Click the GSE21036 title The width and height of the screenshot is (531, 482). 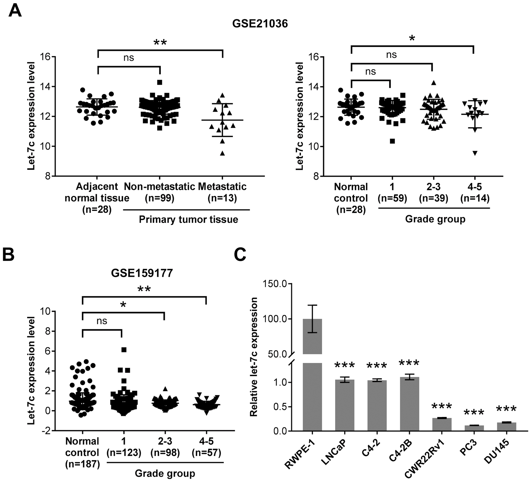[x=260, y=24]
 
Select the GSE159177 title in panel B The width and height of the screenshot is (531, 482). [x=142, y=273]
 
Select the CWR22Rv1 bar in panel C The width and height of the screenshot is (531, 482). [x=442, y=424]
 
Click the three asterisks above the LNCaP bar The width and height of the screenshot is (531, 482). [x=345, y=366]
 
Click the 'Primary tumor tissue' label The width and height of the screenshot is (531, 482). [x=188, y=219]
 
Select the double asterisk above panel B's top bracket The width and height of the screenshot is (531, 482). [x=144, y=289]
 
